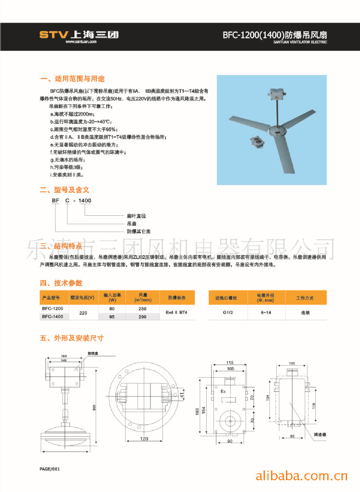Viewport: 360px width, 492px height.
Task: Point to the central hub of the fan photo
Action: tap(276, 131)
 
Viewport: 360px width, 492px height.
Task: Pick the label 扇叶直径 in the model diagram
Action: tap(136, 216)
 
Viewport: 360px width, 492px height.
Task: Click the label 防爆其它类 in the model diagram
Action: tap(138, 231)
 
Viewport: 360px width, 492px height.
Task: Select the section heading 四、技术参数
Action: tap(61, 283)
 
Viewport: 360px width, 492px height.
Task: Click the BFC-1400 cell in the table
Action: tap(52, 317)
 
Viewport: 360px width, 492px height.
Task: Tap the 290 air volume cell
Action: tap(143, 317)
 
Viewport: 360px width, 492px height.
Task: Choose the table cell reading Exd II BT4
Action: tap(176, 312)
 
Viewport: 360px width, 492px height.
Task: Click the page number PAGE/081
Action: tap(50, 468)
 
